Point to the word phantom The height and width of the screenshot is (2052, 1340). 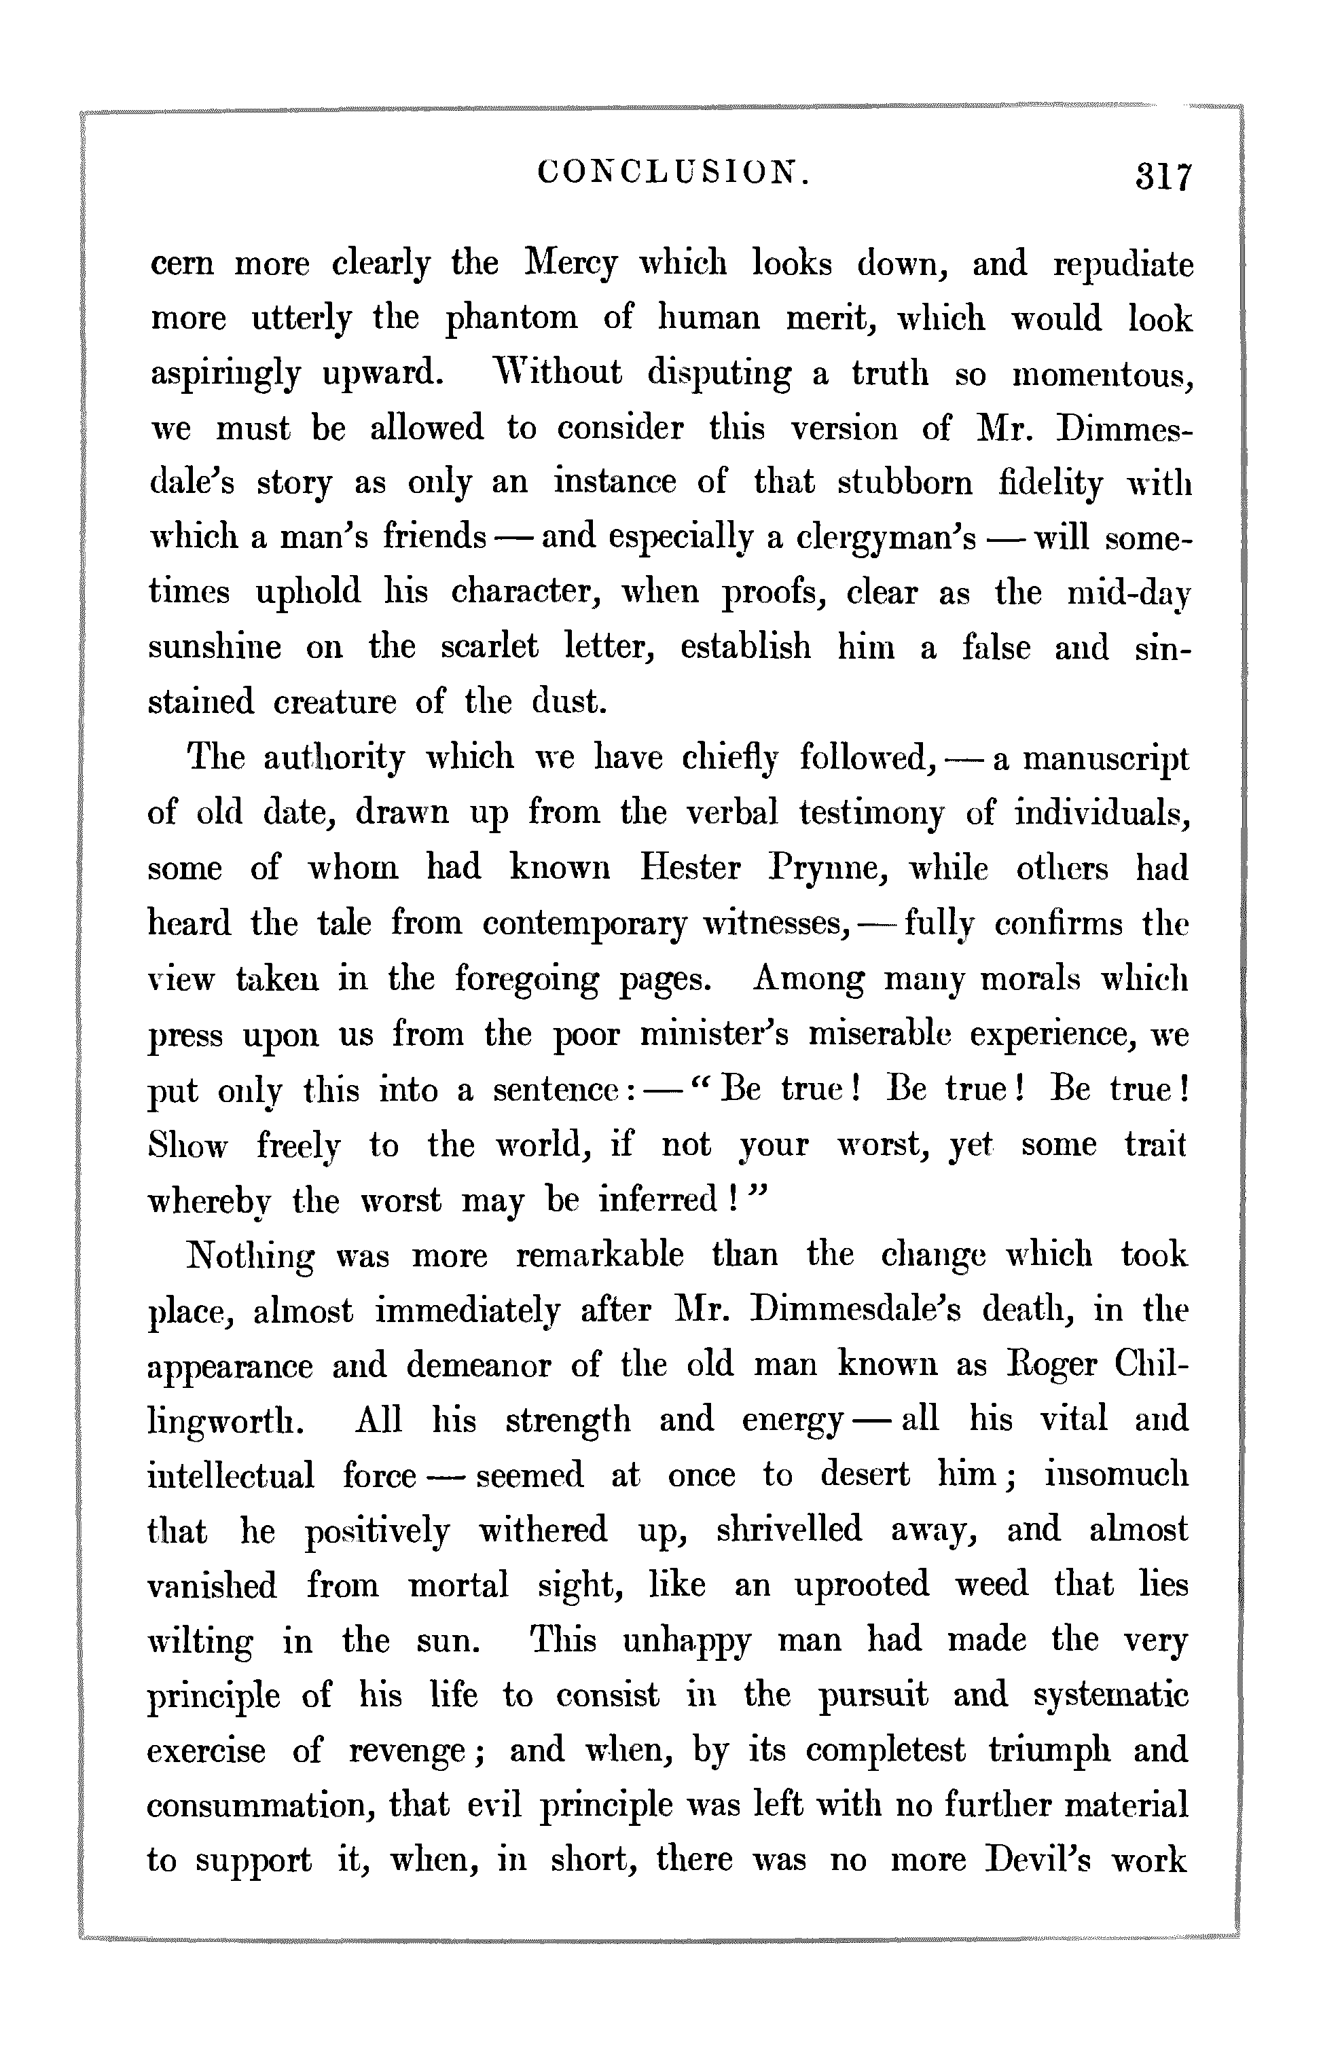pyautogui.click(x=511, y=319)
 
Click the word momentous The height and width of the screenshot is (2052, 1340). pyautogui.click(x=1102, y=373)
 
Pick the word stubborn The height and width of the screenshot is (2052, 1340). pyautogui.click(x=905, y=483)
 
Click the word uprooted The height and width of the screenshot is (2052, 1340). pyautogui.click(x=861, y=1586)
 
